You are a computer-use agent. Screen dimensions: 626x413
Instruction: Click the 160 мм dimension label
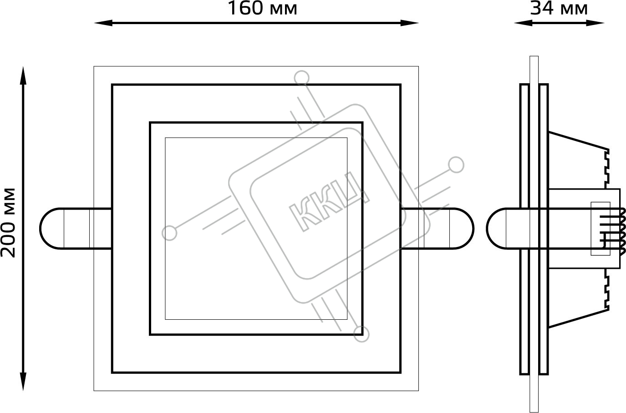coord(262,8)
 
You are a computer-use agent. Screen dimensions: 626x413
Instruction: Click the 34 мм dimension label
coord(559,8)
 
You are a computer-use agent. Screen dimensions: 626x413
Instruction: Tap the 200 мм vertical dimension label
coord(8,222)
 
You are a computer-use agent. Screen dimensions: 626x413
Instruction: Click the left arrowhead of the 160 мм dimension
coord(103,23)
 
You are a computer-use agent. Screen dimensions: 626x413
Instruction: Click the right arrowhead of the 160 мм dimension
coord(409,23)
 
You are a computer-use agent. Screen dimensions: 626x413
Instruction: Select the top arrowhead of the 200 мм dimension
coord(23,76)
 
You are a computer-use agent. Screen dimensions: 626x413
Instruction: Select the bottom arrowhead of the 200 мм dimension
coord(23,382)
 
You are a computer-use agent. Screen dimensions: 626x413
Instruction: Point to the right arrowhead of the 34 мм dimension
coord(595,23)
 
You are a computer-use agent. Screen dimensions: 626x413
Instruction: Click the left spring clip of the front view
coord(76,228)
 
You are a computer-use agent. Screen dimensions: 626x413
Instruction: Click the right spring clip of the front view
coord(437,228)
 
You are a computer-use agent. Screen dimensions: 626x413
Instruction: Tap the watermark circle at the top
coord(301,77)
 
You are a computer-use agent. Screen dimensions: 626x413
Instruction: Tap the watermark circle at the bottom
coord(361,334)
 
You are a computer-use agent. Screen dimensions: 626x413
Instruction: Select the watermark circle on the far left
coord(169,233)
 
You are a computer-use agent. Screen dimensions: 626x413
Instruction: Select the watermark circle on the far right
coord(456,165)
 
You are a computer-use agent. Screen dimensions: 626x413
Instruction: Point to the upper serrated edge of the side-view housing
coord(606,169)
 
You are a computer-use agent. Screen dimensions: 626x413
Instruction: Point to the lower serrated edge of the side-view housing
coord(606,290)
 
